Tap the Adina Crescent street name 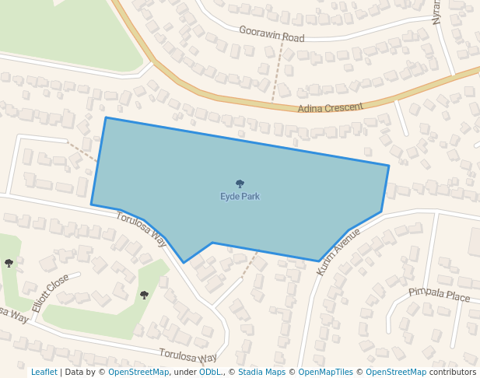(331, 107)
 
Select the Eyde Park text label (240, 197)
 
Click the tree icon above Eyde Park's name (240, 184)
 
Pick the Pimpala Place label (440, 295)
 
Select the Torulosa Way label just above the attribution (187, 356)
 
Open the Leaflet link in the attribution (44, 373)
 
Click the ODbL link (209, 373)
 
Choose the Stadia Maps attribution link (261, 373)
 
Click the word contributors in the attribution (453, 373)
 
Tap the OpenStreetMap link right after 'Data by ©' (138, 373)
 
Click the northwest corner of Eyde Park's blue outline (106, 118)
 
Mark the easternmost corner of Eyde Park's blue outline (388, 166)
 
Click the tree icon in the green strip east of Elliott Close (144, 295)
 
